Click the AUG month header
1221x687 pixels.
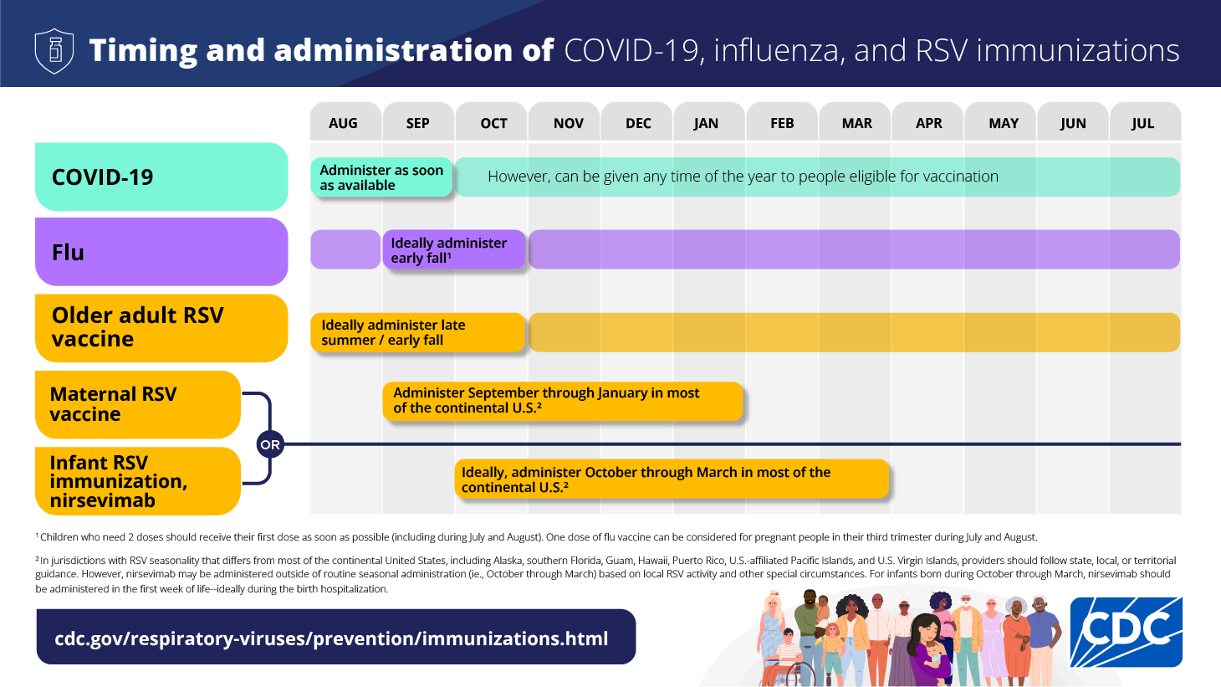(x=343, y=123)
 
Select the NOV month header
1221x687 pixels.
(x=568, y=123)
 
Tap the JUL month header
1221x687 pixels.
(x=1142, y=123)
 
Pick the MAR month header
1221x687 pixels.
(x=856, y=123)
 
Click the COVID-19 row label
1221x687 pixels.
(x=161, y=177)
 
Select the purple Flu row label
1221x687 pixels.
(x=161, y=252)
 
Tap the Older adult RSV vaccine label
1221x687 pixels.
(x=161, y=327)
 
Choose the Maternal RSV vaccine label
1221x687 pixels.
(x=138, y=404)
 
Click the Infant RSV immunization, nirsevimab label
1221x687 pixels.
(x=138, y=481)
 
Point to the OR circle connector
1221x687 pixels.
(x=270, y=444)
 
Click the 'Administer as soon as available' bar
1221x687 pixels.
(x=381, y=177)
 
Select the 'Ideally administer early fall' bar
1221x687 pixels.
(x=453, y=250)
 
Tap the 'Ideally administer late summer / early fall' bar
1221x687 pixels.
(x=417, y=332)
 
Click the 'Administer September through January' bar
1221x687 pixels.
(x=562, y=401)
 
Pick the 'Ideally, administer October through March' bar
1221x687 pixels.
(x=671, y=479)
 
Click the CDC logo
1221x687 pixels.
(x=1126, y=632)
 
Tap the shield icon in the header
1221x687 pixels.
(x=54, y=50)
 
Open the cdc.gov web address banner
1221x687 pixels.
(x=335, y=638)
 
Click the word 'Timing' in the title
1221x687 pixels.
(x=143, y=50)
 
